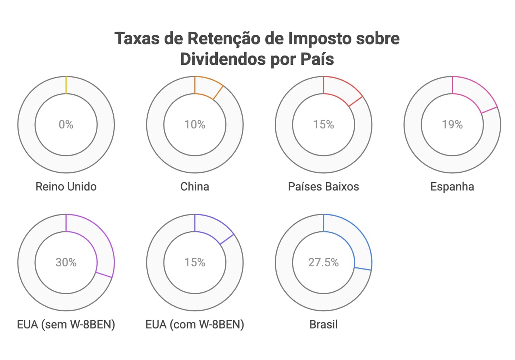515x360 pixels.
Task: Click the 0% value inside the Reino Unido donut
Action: click(x=66, y=124)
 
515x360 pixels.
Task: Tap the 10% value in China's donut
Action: click(x=195, y=124)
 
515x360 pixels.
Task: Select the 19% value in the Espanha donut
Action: click(x=452, y=124)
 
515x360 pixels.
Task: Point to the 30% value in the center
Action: click(x=66, y=262)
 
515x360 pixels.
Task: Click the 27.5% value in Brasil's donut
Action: click(x=323, y=262)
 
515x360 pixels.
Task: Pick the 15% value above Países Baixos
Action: click(x=323, y=124)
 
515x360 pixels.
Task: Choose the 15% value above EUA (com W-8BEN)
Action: click(x=195, y=262)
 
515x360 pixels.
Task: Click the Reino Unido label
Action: click(x=66, y=187)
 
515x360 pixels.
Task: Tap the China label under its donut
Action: click(x=195, y=187)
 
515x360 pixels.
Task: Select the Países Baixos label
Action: click(x=323, y=187)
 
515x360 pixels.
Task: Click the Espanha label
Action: click(x=452, y=187)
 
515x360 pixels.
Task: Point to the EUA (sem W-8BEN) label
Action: click(x=66, y=325)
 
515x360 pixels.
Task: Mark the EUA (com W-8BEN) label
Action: click(x=195, y=325)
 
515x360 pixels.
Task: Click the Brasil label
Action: click(x=323, y=325)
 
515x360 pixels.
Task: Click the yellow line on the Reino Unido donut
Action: click(x=66, y=85)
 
